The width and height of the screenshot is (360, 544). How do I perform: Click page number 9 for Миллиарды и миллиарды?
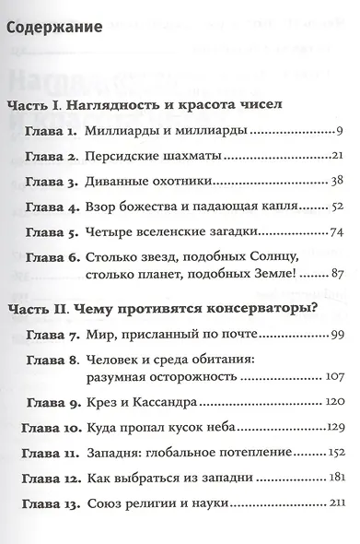[340, 130]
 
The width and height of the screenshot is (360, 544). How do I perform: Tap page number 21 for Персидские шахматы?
[336, 155]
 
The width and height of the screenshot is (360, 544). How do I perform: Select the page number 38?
[336, 181]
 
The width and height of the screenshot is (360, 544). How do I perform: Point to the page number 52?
[336, 207]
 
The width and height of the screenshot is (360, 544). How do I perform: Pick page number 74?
[336, 231]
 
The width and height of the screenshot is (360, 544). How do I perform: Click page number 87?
[336, 274]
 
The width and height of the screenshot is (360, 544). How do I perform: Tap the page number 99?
[336, 332]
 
